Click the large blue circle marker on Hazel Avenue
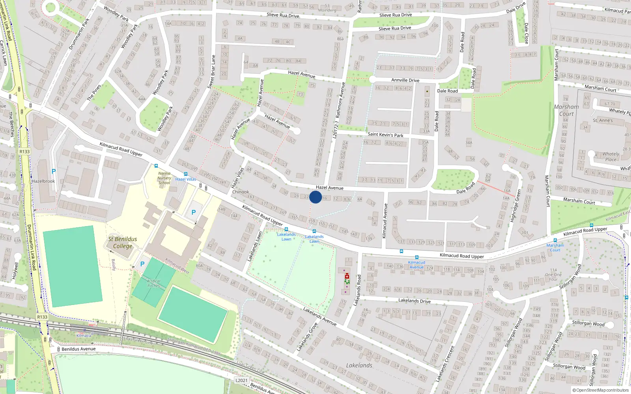(x=315, y=197)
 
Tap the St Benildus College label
(x=123, y=243)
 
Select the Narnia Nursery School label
(x=164, y=178)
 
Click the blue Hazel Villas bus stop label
(x=186, y=179)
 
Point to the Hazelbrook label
(x=43, y=181)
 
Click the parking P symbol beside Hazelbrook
(x=54, y=171)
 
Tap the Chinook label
(x=241, y=192)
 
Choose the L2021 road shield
(x=241, y=380)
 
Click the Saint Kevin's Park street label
(x=385, y=135)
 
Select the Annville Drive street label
(x=405, y=80)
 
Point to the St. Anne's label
(x=603, y=120)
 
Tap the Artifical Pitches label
(x=153, y=283)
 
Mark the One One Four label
(x=553, y=275)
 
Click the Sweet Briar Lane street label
(x=211, y=71)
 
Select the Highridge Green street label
(x=515, y=206)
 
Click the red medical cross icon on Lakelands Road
(x=347, y=276)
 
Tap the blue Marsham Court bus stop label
(x=555, y=247)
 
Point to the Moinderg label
(x=327, y=10)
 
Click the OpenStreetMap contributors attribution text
(x=602, y=390)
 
